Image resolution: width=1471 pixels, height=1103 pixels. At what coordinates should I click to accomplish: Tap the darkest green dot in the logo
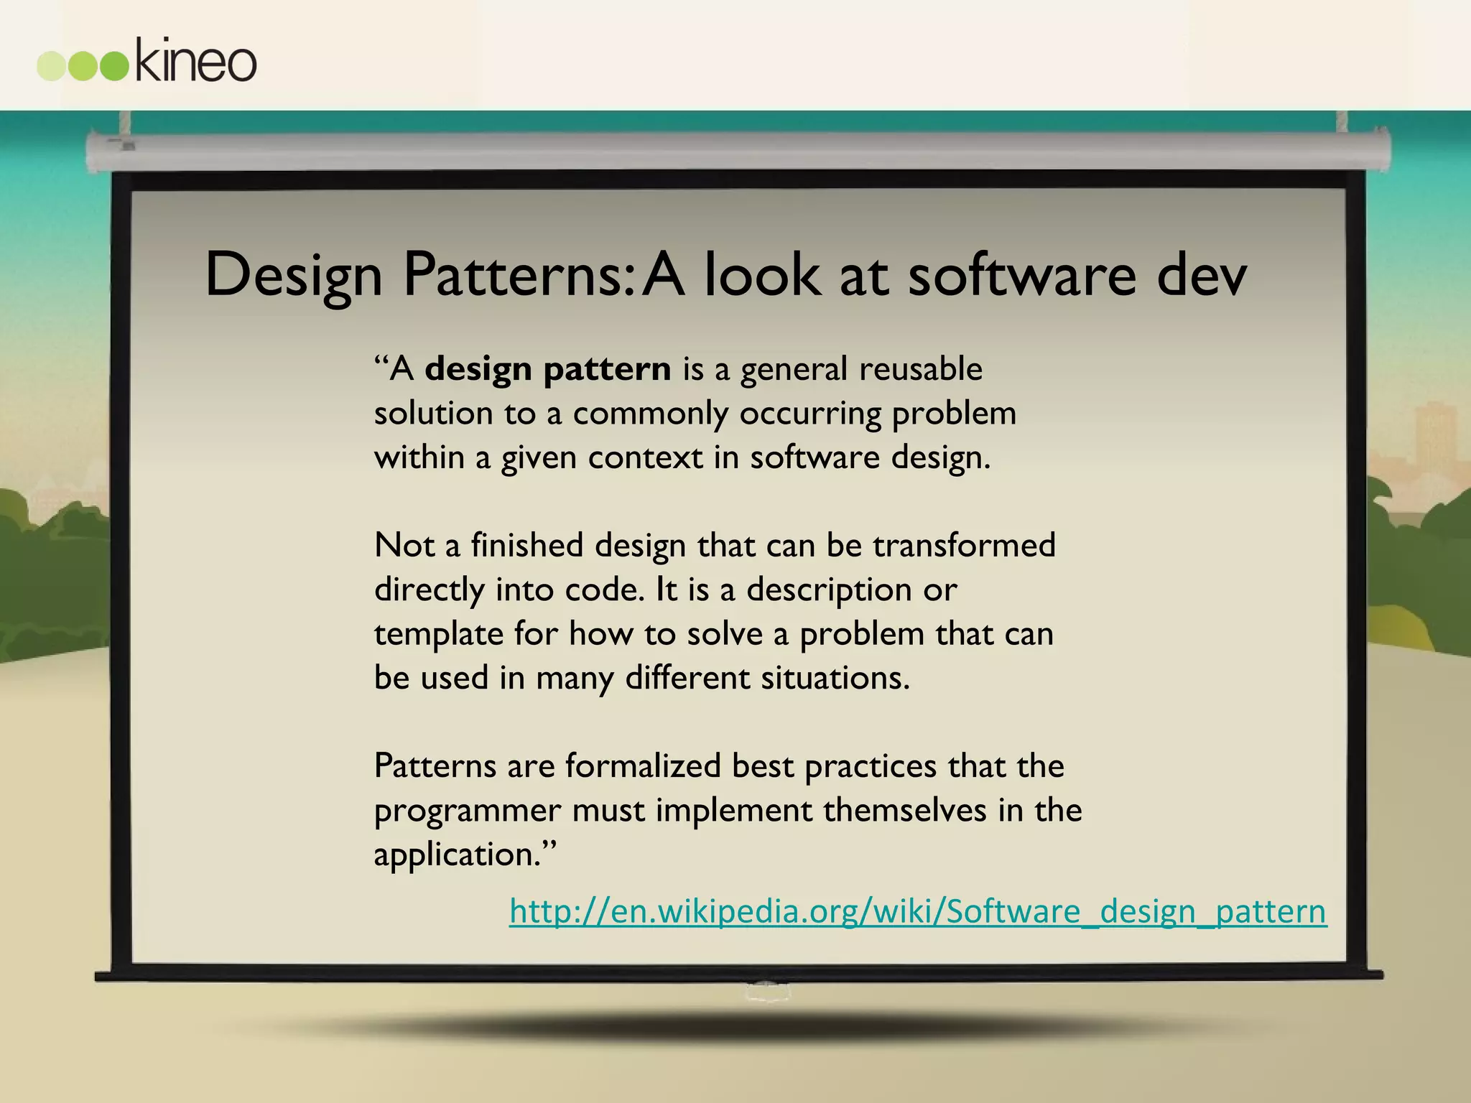click(113, 66)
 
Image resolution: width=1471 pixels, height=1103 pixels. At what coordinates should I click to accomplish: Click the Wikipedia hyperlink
click(917, 911)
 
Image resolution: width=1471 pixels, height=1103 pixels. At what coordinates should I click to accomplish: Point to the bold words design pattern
click(547, 369)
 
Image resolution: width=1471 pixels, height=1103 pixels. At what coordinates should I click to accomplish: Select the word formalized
click(643, 765)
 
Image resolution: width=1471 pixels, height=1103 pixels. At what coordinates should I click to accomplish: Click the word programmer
click(467, 811)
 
